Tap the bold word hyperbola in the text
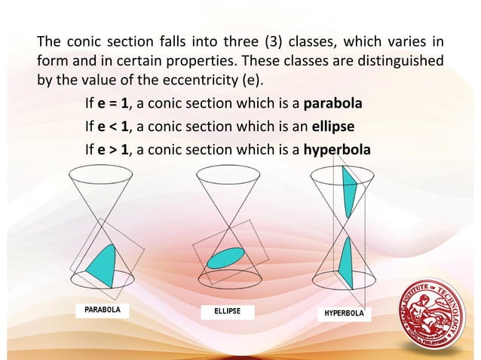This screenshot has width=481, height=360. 337,149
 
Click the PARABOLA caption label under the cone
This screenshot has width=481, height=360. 101,309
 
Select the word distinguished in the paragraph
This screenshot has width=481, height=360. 401,59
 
